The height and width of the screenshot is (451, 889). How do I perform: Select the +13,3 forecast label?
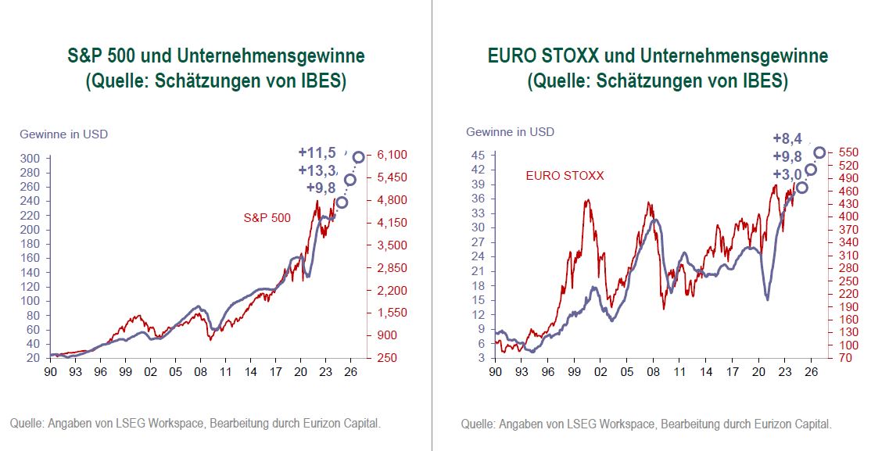point(317,171)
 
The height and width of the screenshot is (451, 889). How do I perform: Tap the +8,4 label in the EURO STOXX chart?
point(787,139)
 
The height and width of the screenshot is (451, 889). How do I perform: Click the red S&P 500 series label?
point(267,218)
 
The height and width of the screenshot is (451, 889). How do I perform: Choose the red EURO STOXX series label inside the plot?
point(565,176)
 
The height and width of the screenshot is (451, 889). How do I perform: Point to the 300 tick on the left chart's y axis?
point(32,159)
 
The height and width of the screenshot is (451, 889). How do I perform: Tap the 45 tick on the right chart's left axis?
point(479,155)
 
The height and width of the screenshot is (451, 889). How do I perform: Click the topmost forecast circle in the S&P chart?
point(359,157)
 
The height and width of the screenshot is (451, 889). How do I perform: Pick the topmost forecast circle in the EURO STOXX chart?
point(819,152)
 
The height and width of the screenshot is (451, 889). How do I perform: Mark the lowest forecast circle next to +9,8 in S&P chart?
point(342,202)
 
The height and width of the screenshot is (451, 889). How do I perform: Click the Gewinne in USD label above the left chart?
point(63,134)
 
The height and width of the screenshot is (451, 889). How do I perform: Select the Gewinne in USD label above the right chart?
point(510,131)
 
